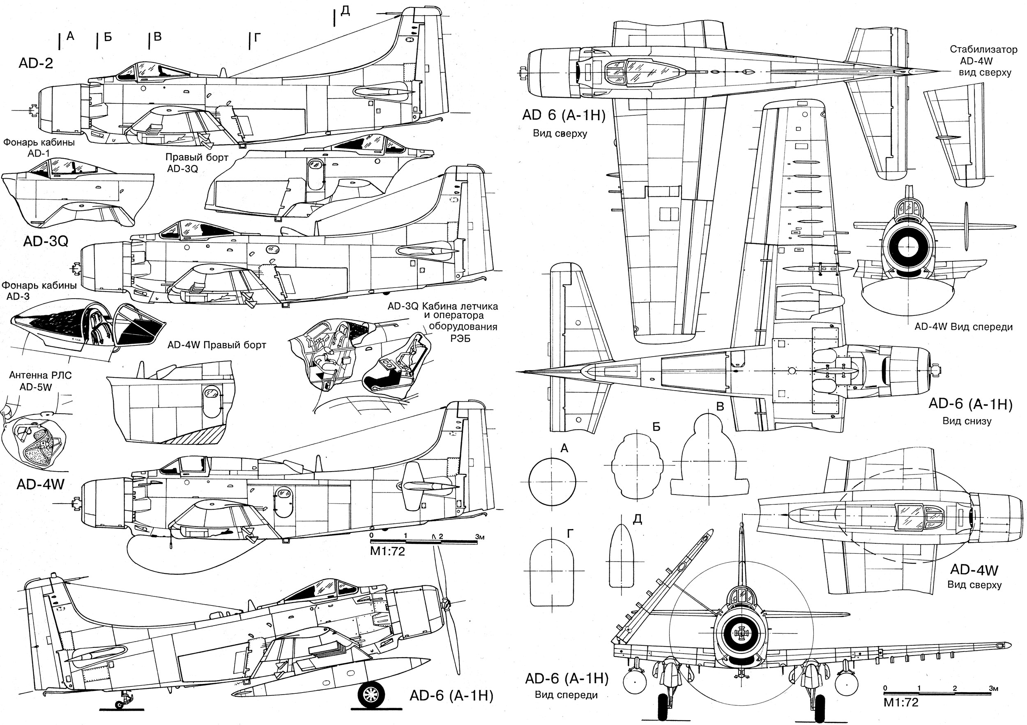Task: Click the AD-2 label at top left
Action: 36,63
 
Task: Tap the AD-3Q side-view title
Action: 46,242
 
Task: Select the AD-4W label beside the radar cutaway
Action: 40,484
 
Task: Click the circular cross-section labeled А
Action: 552,482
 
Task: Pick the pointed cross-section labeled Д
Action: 621,555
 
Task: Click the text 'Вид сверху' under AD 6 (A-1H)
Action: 560,133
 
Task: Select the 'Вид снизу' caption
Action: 967,421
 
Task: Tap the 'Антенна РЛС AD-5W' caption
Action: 40,381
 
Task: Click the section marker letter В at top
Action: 157,37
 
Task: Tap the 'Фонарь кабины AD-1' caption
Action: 39,147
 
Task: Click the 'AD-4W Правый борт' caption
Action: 216,345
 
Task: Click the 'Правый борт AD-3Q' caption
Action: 197,163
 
